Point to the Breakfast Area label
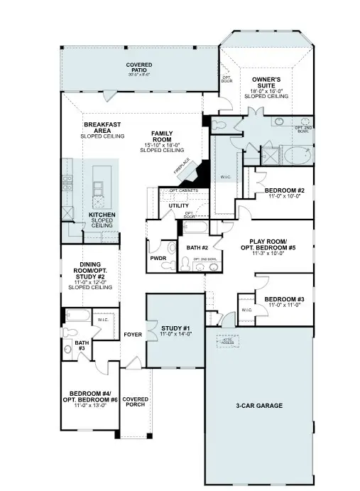[x=102, y=129]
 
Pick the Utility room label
[x=178, y=206]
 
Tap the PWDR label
[x=158, y=259]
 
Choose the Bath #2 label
[x=197, y=247]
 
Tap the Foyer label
[x=133, y=334]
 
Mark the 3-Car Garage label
[x=259, y=406]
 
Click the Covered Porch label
[x=135, y=401]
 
